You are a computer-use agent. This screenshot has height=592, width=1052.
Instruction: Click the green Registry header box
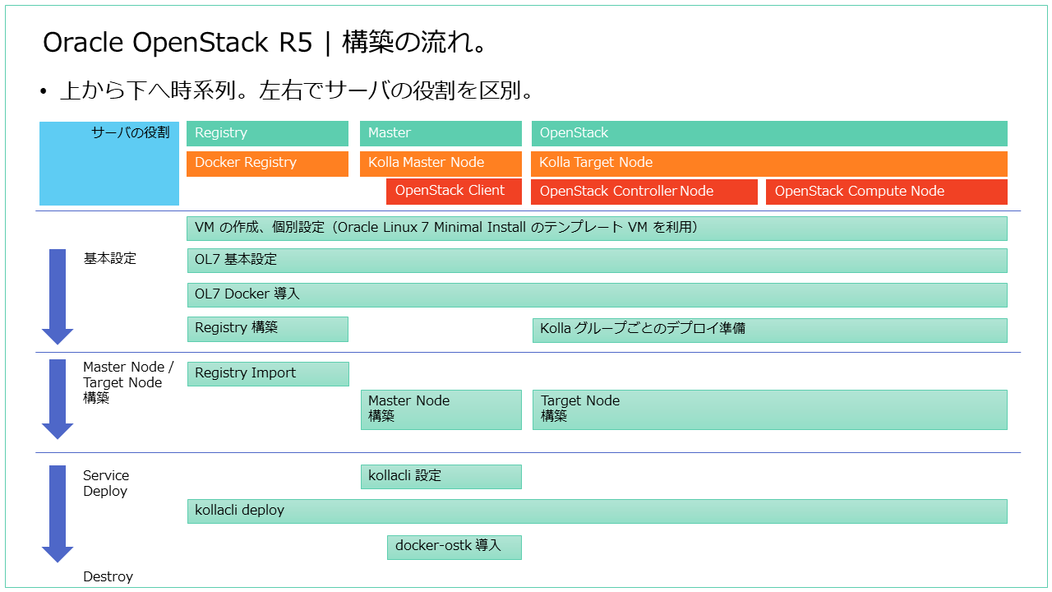pos(267,133)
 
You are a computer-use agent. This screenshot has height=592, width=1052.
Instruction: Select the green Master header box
pos(441,133)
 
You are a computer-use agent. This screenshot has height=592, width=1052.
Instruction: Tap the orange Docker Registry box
pos(267,163)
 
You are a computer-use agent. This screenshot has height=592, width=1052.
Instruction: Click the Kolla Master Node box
pos(441,163)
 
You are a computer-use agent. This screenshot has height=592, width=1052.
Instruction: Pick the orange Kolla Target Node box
pos(768,163)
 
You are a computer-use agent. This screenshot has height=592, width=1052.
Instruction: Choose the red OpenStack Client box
pos(454,191)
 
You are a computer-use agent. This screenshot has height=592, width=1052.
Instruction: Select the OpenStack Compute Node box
pos(886,192)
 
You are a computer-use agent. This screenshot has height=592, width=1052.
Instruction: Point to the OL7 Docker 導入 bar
pos(597,294)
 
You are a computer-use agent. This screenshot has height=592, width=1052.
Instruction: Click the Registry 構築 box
pos(267,329)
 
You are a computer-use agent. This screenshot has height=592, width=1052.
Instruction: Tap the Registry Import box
pos(267,373)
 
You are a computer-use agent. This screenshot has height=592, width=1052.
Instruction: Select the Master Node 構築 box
pos(441,409)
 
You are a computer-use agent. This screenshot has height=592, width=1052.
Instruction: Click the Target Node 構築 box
pos(769,409)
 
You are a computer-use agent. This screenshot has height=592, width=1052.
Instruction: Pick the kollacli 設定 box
pos(441,476)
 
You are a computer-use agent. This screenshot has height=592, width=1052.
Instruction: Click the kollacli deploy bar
pos(597,511)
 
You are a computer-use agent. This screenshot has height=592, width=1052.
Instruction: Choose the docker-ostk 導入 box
pos(454,547)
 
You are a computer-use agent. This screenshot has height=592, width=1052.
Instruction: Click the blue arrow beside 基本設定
pos(58,296)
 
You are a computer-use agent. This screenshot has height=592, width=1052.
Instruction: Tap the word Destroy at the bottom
pos(108,577)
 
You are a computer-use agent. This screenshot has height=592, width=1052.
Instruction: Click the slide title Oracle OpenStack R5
pos(178,43)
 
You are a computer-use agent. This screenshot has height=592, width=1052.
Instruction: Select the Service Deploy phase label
pos(105,483)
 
